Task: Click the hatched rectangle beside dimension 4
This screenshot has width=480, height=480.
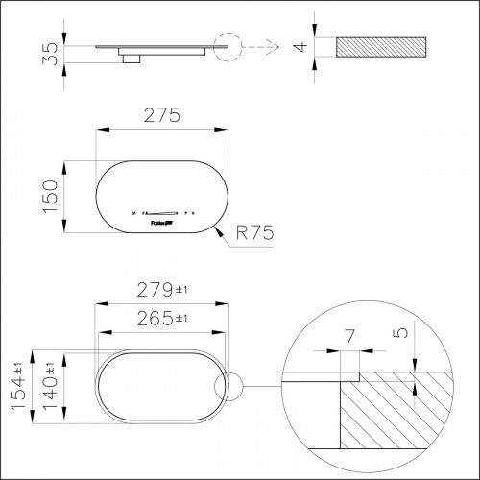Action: click(381, 48)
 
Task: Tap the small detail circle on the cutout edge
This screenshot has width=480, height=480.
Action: click(230, 387)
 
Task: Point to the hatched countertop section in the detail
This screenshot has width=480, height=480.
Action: click(394, 413)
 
